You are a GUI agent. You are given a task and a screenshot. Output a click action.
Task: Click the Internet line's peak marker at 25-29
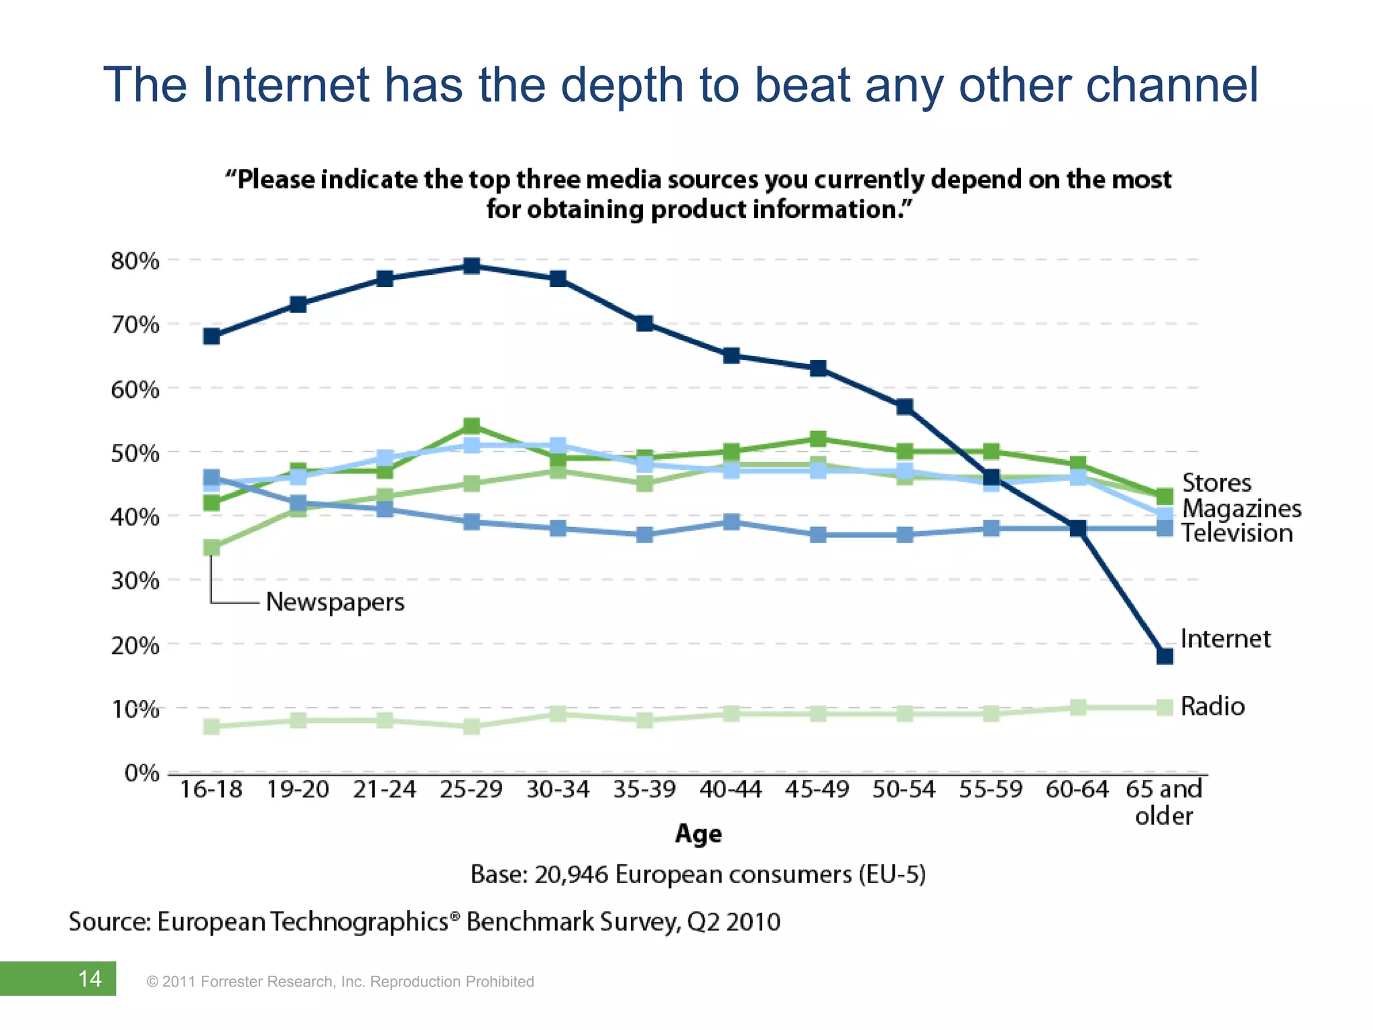click(x=471, y=266)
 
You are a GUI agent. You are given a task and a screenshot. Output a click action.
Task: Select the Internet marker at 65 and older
click(x=1165, y=656)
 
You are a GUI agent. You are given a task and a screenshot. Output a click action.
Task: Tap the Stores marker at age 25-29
click(x=471, y=426)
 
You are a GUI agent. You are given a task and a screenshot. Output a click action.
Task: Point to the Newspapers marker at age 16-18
click(x=211, y=548)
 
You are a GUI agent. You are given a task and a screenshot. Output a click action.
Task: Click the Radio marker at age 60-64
click(x=1078, y=707)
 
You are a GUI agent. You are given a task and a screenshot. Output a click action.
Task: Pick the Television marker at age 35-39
click(x=644, y=534)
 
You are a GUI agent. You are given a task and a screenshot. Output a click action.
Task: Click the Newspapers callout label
click(x=335, y=602)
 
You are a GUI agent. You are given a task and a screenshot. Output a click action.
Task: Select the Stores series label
click(x=1216, y=483)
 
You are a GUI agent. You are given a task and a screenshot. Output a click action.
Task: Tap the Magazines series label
click(x=1242, y=508)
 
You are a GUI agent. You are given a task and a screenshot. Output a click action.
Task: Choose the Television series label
click(x=1237, y=533)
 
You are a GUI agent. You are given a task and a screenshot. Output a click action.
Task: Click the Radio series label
click(x=1212, y=706)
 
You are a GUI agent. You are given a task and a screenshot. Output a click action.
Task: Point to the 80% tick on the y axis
click(x=135, y=261)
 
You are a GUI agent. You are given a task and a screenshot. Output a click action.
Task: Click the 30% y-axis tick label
click(x=135, y=581)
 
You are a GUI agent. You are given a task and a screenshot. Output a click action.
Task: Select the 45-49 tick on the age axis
click(x=817, y=790)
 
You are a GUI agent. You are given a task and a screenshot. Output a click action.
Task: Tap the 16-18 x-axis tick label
click(x=211, y=790)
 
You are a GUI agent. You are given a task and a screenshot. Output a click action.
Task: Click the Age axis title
click(x=698, y=834)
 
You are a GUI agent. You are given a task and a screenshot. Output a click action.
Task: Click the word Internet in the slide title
click(x=285, y=85)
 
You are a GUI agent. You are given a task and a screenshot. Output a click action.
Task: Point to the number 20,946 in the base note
click(x=571, y=875)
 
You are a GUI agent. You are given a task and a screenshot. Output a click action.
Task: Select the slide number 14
click(x=90, y=979)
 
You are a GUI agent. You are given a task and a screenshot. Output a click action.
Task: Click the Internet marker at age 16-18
click(x=211, y=336)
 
